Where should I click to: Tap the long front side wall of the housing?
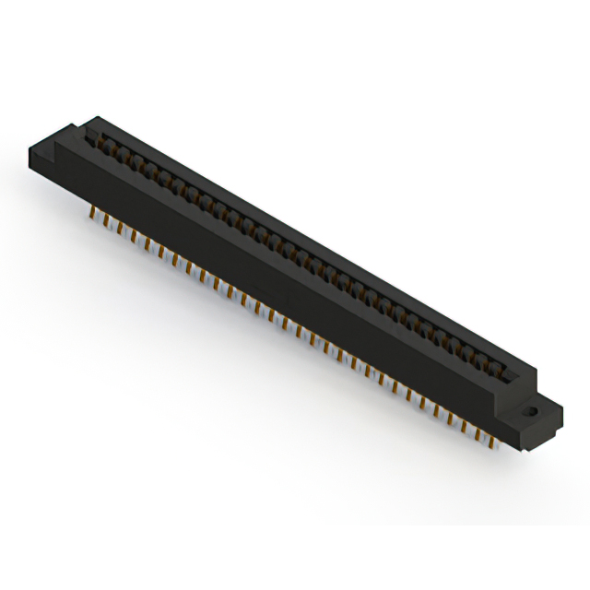(277, 277)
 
